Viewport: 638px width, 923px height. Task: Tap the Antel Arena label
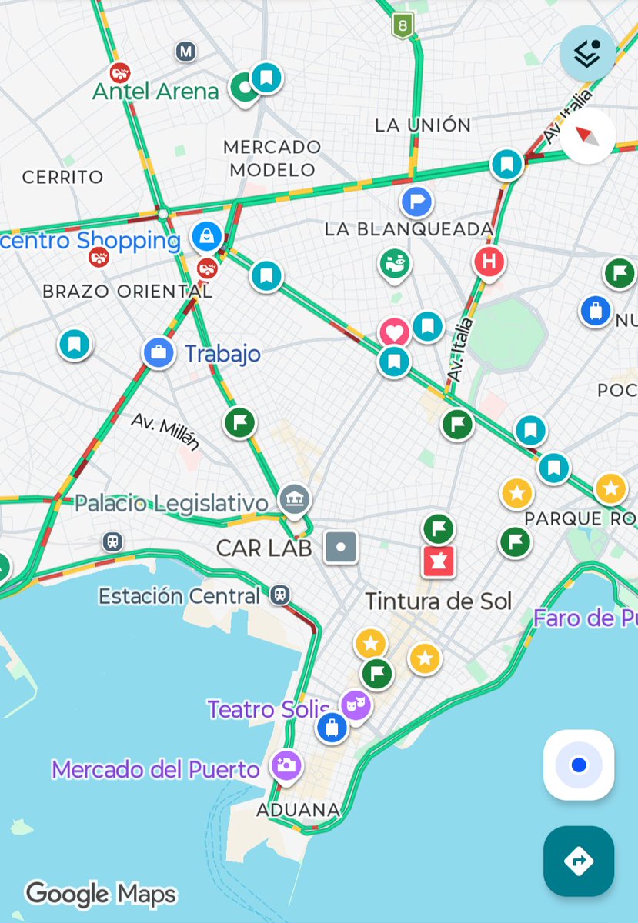point(155,92)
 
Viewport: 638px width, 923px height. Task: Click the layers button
point(587,53)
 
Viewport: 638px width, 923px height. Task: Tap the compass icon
point(587,136)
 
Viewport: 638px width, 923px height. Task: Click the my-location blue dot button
point(579,765)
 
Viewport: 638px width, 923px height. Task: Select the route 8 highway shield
point(402,25)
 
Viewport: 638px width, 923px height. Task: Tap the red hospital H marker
point(489,262)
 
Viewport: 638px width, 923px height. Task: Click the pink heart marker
point(395,333)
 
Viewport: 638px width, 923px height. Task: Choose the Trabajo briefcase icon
point(159,353)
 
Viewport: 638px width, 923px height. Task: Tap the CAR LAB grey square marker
point(341,547)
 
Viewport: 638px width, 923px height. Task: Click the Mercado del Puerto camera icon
point(286,765)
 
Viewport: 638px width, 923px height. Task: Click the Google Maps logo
point(101,894)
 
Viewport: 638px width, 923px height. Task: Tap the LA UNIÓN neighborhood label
point(423,125)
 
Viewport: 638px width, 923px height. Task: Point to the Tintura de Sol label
point(438,601)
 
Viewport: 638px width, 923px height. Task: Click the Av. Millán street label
point(165,432)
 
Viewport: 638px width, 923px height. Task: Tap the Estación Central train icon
point(279,594)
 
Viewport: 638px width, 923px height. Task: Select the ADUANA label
point(298,809)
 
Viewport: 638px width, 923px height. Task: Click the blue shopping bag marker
point(206,235)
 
